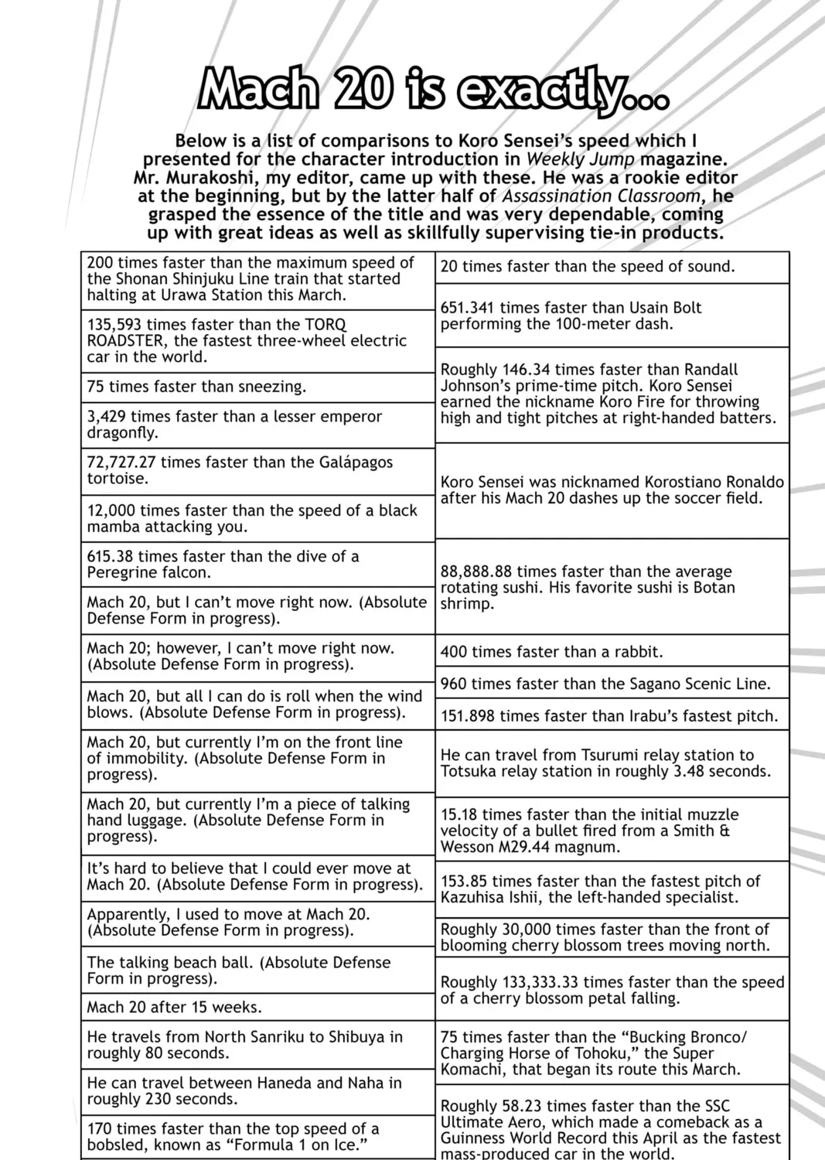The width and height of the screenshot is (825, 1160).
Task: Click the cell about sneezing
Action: pos(257,387)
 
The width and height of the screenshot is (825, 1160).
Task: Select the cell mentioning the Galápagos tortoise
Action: pos(257,470)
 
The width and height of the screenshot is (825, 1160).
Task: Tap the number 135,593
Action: pos(114,325)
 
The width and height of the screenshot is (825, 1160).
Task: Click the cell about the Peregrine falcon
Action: pos(257,565)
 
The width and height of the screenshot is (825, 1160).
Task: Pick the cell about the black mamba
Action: pos(257,518)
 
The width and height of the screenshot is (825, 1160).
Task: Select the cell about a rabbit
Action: pos(612,652)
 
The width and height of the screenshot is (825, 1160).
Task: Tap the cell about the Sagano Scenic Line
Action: pos(612,684)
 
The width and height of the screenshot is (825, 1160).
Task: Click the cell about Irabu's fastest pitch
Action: pos(612,716)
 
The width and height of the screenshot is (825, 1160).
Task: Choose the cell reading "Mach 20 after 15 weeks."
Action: pos(257,1007)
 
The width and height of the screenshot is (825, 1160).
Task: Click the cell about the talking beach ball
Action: pos(257,970)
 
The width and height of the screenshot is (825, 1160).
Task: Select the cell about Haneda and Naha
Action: pos(257,1090)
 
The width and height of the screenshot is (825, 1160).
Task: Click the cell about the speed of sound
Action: pos(612,267)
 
